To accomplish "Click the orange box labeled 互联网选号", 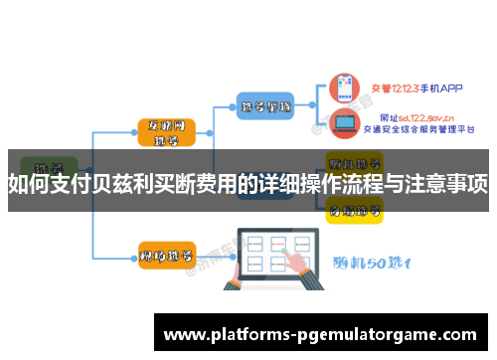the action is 166,133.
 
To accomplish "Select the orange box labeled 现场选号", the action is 166,256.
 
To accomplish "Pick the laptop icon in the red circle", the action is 345,124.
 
